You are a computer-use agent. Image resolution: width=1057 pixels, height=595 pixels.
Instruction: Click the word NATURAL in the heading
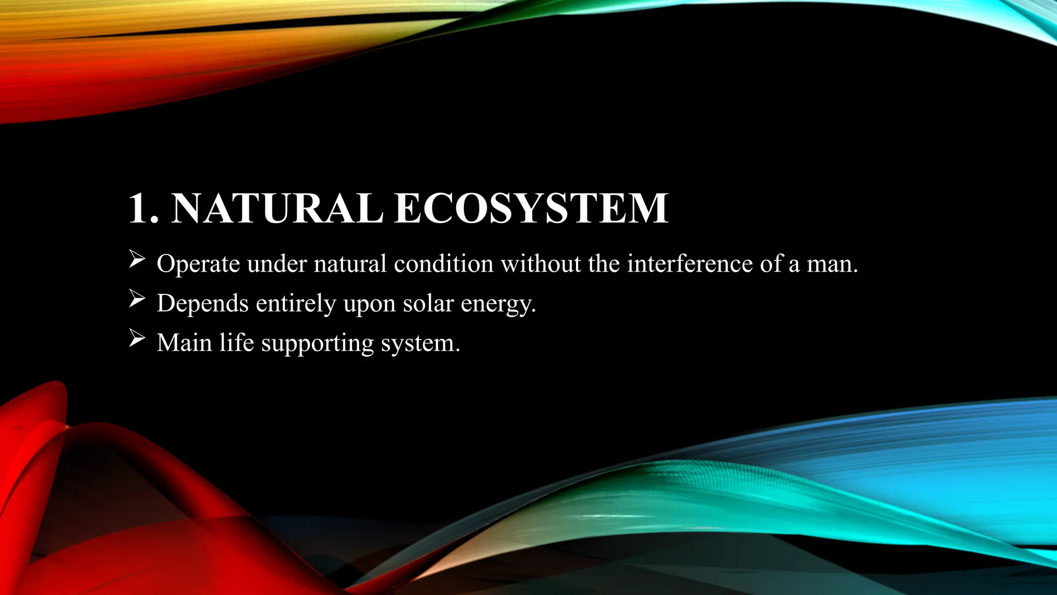(277, 209)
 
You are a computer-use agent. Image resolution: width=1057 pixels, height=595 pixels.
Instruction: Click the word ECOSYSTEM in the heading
(531, 209)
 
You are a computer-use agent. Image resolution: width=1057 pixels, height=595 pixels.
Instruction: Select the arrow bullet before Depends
(136, 299)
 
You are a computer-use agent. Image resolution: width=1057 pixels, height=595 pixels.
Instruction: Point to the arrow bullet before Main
(136, 338)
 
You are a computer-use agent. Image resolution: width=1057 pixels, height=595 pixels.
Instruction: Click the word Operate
(198, 264)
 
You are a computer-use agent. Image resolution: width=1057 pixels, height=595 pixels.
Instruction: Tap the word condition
(443, 263)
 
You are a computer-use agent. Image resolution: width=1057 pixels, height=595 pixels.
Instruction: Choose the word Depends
(202, 303)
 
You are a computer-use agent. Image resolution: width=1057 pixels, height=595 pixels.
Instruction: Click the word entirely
(296, 303)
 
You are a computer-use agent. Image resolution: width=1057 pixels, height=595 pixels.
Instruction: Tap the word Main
(184, 342)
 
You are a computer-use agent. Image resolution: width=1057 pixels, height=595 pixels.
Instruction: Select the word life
(236, 342)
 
